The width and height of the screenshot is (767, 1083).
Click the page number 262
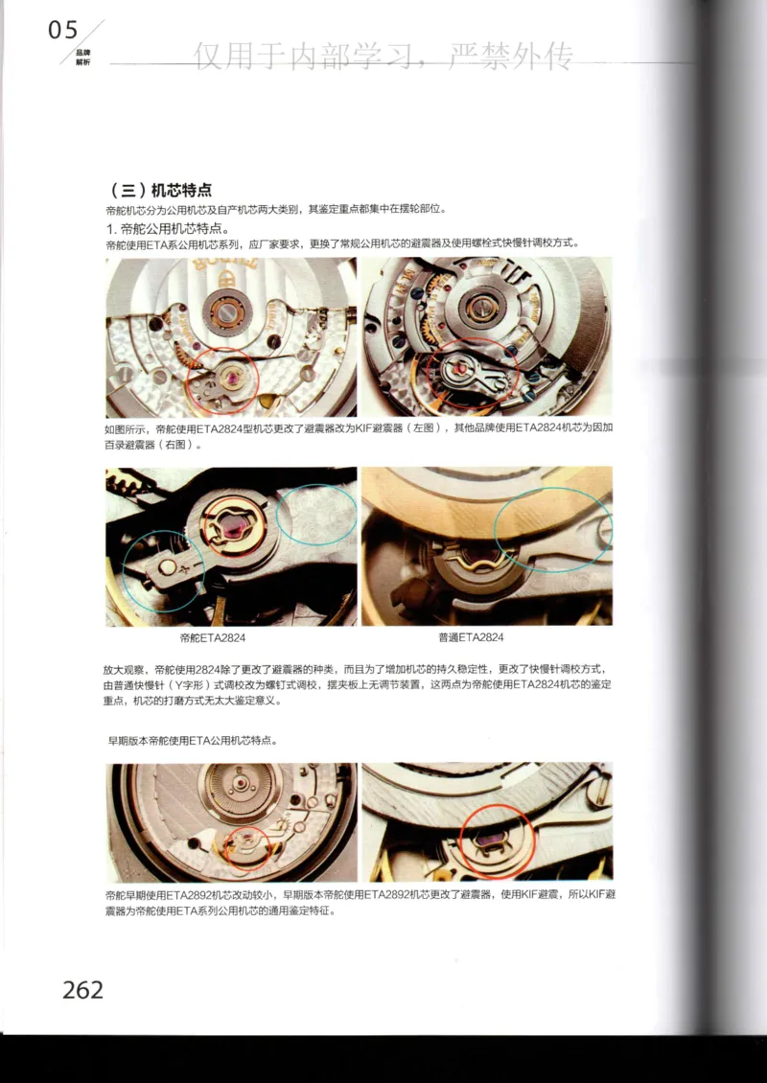pyautogui.click(x=82, y=989)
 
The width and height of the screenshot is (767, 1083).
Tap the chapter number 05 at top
pyautogui.click(x=63, y=32)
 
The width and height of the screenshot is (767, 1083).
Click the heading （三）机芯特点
pyautogui.click(x=157, y=190)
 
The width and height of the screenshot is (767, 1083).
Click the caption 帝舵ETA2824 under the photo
pyautogui.click(x=212, y=637)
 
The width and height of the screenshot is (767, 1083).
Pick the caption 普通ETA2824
pyautogui.click(x=471, y=637)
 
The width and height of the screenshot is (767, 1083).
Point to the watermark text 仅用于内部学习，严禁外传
pyautogui.click(x=383, y=58)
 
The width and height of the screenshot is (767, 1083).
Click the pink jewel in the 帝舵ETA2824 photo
pyautogui.click(x=238, y=526)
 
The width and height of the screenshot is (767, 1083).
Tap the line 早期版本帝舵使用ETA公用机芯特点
pyautogui.click(x=193, y=741)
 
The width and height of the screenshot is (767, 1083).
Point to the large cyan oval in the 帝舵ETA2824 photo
pyautogui.click(x=315, y=516)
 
